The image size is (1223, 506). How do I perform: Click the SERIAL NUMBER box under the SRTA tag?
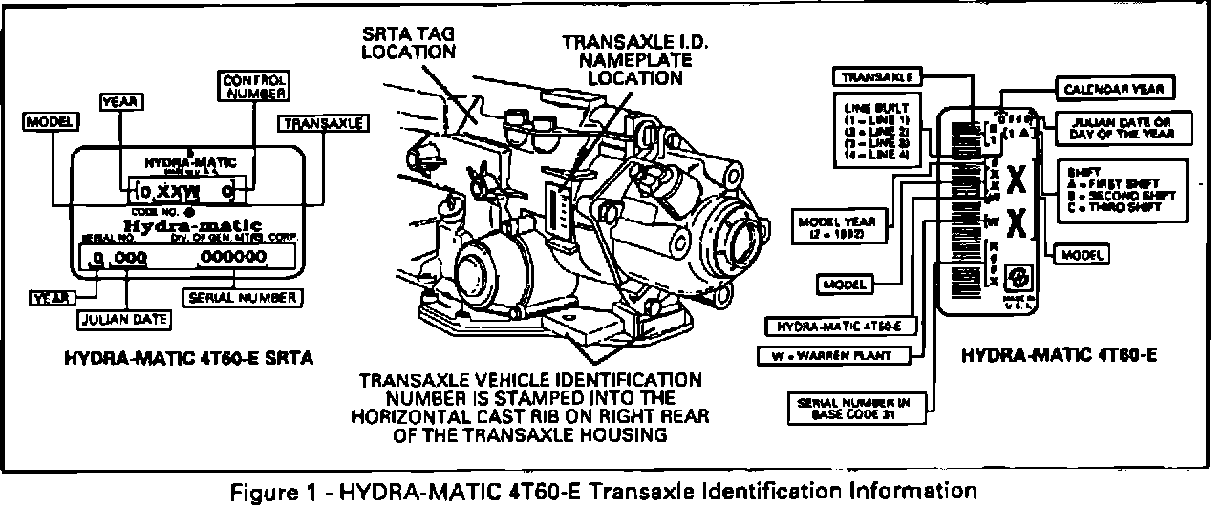tap(243, 297)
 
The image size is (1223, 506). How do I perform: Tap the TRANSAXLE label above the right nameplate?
tap(877, 75)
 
